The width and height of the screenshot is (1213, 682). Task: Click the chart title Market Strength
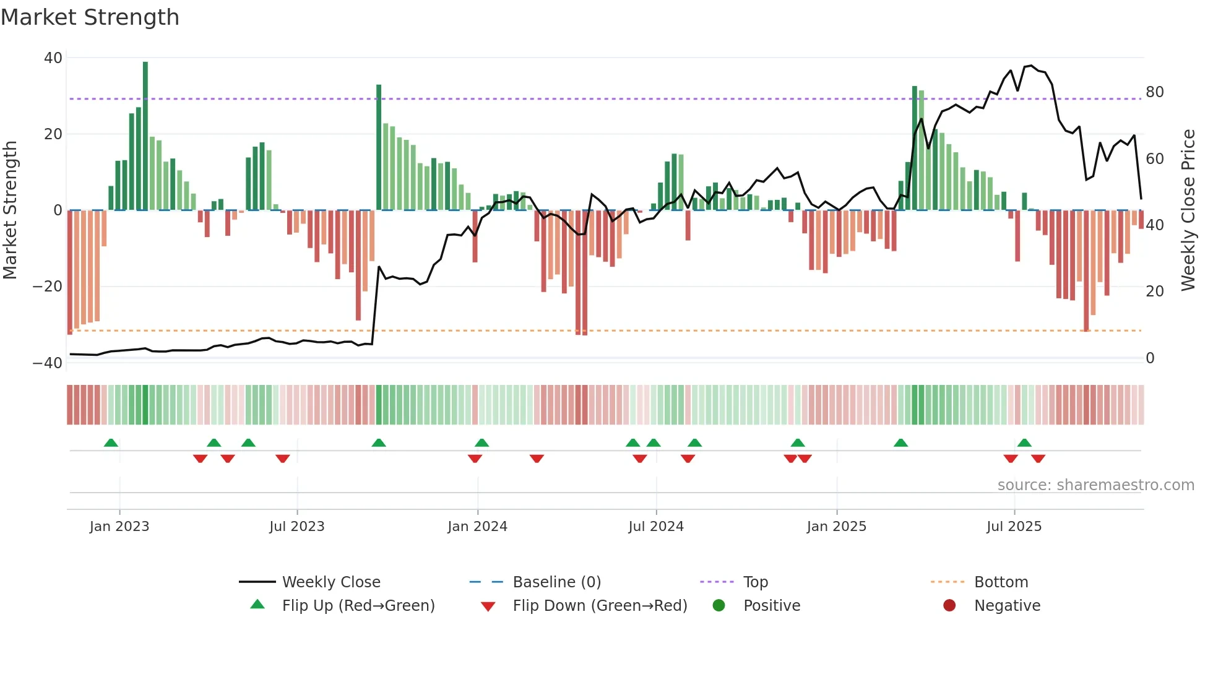point(90,17)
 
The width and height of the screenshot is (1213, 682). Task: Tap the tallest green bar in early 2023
point(145,136)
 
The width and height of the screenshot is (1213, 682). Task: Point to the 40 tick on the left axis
point(53,58)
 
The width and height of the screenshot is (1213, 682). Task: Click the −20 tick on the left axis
point(48,287)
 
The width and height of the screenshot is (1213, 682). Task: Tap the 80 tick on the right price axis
point(1154,92)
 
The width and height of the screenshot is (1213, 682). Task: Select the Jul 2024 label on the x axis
point(656,527)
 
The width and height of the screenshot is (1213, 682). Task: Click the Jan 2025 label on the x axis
point(836,527)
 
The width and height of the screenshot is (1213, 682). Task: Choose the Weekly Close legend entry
point(331,582)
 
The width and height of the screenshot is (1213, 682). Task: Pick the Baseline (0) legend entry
point(556,582)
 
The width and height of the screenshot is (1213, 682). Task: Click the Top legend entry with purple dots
point(755,582)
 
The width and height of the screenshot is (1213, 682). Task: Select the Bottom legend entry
point(1001,582)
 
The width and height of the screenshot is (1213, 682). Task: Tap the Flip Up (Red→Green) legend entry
point(358,606)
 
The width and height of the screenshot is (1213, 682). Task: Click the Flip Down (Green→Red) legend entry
point(600,606)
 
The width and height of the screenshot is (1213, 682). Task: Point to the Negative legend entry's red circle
point(949,606)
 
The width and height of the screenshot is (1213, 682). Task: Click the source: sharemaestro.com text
point(1095,485)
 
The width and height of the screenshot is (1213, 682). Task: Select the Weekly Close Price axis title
point(1188,210)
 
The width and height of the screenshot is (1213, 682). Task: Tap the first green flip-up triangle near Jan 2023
point(111,443)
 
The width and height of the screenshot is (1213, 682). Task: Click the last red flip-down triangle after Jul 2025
point(1038,459)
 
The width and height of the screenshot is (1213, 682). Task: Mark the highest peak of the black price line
point(1031,66)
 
